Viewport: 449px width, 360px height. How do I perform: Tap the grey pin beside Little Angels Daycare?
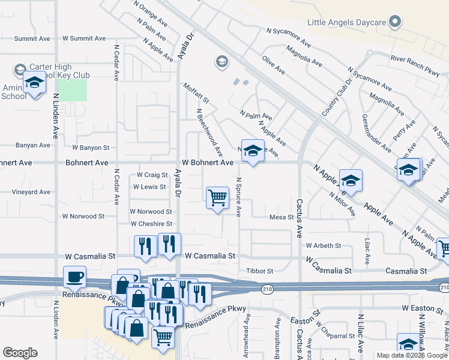[394, 23]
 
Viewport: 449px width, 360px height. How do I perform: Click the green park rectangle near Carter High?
[72, 91]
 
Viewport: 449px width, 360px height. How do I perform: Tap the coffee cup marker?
[74, 277]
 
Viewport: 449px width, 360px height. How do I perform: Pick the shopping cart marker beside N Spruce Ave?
[217, 197]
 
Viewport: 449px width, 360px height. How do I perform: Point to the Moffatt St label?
[196, 93]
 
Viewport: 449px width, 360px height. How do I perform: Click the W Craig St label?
[152, 175]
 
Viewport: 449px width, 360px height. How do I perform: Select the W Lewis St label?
[150, 187]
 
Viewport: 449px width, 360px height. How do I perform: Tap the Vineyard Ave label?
[31, 193]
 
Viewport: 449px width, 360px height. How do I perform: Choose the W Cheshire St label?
[151, 224]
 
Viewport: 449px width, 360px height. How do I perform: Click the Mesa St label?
[281, 217]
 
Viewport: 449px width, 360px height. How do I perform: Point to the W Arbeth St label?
[323, 245]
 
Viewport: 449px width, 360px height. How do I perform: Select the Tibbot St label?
[260, 271]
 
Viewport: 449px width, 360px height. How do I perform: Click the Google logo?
[20, 353]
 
